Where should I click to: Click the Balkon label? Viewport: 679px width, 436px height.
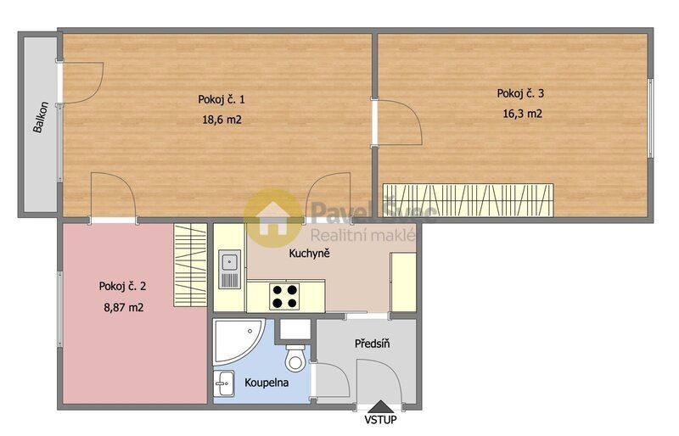(x=38, y=123)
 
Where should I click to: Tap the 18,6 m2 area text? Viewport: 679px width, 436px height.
(x=221, y=120)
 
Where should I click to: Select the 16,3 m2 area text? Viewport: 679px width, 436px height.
(x=521, y=114)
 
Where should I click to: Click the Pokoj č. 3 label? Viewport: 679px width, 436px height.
(x=521, y=93)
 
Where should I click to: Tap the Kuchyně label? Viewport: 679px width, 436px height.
(x=309, y=254)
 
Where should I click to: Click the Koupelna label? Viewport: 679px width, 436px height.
(x=267, y=383)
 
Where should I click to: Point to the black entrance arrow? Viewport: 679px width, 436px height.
(x=379, y=407)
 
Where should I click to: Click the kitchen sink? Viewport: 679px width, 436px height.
(x=230, y=270)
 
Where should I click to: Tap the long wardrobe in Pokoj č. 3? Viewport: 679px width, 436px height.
(x=468, y=200)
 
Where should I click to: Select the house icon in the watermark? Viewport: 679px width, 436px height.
(x=273, y=215)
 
